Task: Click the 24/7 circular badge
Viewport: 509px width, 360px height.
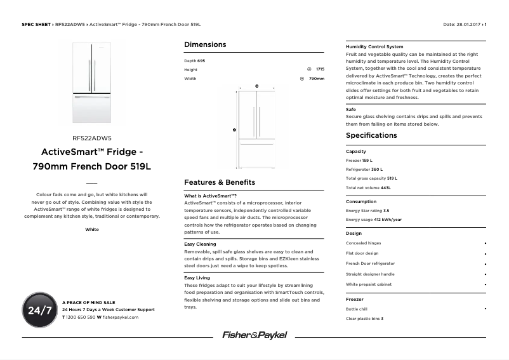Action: [x=39, y=310]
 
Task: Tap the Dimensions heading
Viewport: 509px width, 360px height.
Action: [x=205, y=44]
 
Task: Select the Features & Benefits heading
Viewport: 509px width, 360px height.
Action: [x=220, y=182]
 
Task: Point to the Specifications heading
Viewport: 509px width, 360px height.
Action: [x=371, y=135]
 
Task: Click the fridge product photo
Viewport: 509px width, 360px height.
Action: [x=92, y=83]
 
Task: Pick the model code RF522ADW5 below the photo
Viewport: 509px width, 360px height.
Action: [x=92, y=137]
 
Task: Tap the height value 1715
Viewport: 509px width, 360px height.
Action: [x=320, y=69]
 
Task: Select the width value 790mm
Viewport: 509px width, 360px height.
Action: [x=316, y=79]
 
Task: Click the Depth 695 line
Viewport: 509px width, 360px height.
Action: [x=194, y=60]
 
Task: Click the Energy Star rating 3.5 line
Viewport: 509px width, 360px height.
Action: [x=367, y=210]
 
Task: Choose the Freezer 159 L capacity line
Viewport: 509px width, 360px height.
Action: [x=359, y=161]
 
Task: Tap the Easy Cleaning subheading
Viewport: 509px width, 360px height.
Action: [x=200, y=244]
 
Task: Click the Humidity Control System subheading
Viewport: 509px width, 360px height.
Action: [x=374, y=46]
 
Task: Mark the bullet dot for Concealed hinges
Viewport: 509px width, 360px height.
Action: [x=485, y=243]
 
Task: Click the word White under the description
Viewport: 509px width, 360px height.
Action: [x=92, y=229]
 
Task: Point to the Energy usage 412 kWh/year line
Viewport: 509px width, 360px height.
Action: [x=374, y=220]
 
